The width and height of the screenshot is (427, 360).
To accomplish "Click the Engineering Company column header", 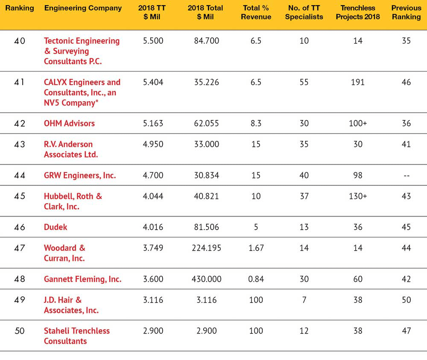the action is pos(83,8).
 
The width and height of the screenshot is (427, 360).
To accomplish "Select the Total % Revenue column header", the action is pos(256,12).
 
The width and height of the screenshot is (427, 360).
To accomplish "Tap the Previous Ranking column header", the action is pos(407,12).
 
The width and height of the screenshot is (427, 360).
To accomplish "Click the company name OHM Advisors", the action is pos(69,123).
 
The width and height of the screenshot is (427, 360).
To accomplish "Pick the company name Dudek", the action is pos(56,227).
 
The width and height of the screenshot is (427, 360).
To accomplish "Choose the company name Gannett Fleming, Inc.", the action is pos(83,279).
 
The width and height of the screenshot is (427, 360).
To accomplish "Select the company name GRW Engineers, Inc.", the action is pos(80,176).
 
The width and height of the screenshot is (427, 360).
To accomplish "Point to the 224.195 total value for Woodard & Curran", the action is pos(206,248).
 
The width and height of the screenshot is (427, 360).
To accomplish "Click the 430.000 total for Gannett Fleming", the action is pos(206,279).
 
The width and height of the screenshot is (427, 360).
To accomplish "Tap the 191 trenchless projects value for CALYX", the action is pos(357,82).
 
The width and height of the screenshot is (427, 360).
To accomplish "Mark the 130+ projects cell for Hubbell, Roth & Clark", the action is pos(358,196).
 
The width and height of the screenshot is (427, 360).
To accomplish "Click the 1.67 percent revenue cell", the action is pos(256,248).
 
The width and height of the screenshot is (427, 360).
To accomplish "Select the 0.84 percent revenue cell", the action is pos(256,279).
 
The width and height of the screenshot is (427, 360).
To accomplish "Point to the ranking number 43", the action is pos(20,144).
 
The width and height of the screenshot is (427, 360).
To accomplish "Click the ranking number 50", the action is pos(20,331).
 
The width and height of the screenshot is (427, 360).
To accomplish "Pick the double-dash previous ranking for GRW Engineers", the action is pos(407,176).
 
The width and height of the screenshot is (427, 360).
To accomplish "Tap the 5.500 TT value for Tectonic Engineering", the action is pos(153,41).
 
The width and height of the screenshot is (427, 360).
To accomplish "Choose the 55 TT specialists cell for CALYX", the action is pos(304,82).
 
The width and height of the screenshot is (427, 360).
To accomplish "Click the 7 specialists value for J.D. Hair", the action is pos(304,300).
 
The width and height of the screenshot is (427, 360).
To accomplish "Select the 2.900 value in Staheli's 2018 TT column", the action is pos(153,331).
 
